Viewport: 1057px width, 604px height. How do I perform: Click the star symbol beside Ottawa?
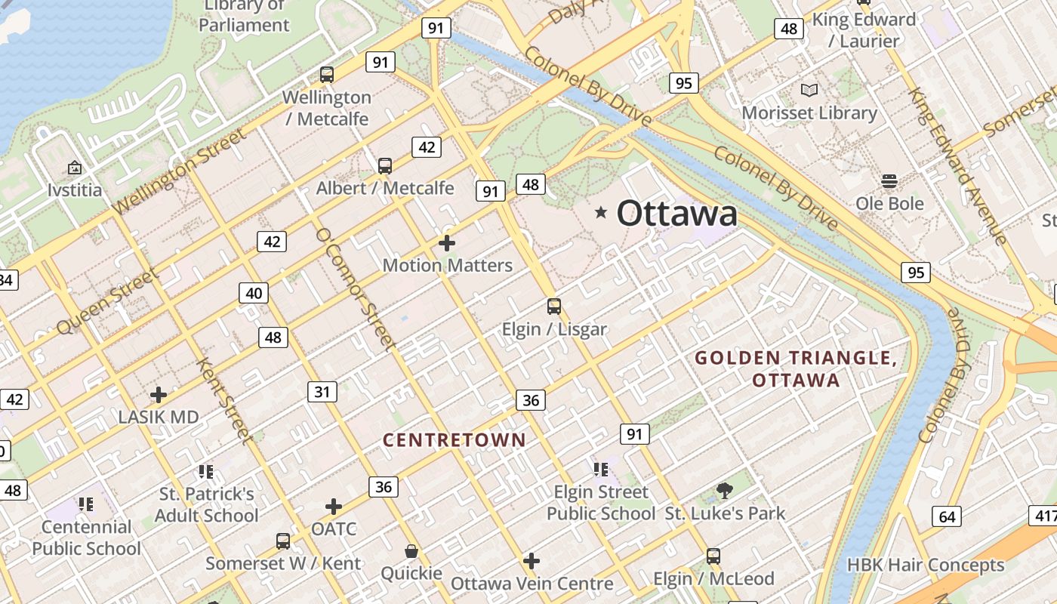click(x=601, y=213)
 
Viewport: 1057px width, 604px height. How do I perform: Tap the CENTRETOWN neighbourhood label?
click(x=454, y=440)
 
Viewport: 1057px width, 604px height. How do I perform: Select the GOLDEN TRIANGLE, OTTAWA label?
click(x=796, y=368)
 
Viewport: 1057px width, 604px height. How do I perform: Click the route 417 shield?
click(x=1043, y=516)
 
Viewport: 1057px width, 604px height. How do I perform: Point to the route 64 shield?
click(x=947, y=516)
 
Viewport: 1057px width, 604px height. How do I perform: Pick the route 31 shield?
click(x=322, y=391)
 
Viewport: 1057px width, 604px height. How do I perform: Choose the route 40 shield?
click(x=254, y=293)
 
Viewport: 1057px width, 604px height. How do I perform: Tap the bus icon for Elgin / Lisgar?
click(x=554, y=306)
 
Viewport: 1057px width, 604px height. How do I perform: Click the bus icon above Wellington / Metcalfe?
click(x=326, y=74)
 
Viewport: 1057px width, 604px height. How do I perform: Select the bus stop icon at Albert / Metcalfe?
click(x=384, y=165)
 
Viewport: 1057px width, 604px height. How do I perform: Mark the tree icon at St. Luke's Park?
click(x=724, y=491)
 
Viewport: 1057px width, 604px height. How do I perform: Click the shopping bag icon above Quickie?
click(x=411, y=551)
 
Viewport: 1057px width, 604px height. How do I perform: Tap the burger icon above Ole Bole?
click(x=889, y=181)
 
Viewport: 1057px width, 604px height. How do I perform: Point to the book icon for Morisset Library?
click(x=809, y=91)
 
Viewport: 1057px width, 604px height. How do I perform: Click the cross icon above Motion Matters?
click(x=447, y=243)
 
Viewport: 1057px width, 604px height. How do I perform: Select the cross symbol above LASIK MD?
click(x=158, y=394)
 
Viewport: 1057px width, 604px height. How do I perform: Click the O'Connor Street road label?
click(x=355, y=289)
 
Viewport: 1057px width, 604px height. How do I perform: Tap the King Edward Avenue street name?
click(x=957, y=166)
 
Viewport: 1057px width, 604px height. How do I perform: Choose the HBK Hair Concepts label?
click(x=926, y=565)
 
